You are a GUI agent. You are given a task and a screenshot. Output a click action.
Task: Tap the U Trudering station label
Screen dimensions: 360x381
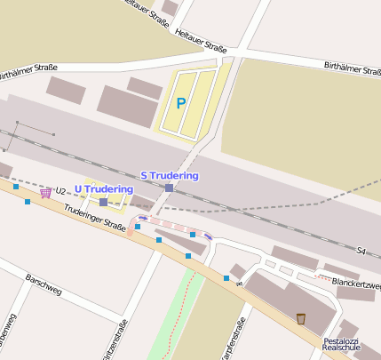104,188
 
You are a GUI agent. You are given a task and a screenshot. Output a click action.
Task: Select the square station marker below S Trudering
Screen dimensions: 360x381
169,188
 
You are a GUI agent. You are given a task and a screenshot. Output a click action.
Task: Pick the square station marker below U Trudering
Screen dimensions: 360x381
104,203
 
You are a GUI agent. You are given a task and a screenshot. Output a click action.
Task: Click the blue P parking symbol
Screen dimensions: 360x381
181,104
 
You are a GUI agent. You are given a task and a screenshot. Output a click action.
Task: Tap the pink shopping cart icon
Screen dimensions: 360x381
45,192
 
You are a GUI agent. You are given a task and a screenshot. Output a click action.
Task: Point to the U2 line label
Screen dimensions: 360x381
60,190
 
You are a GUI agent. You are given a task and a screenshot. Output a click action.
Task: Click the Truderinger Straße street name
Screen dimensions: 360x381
95,227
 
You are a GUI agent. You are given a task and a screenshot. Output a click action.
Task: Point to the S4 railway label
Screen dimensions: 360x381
361,252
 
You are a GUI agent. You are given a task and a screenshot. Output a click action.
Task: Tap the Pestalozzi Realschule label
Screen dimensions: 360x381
340,345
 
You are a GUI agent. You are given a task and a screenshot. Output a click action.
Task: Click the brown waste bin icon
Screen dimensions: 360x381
301,318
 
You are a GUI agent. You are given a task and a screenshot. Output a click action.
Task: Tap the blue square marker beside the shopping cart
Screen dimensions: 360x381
28,202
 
